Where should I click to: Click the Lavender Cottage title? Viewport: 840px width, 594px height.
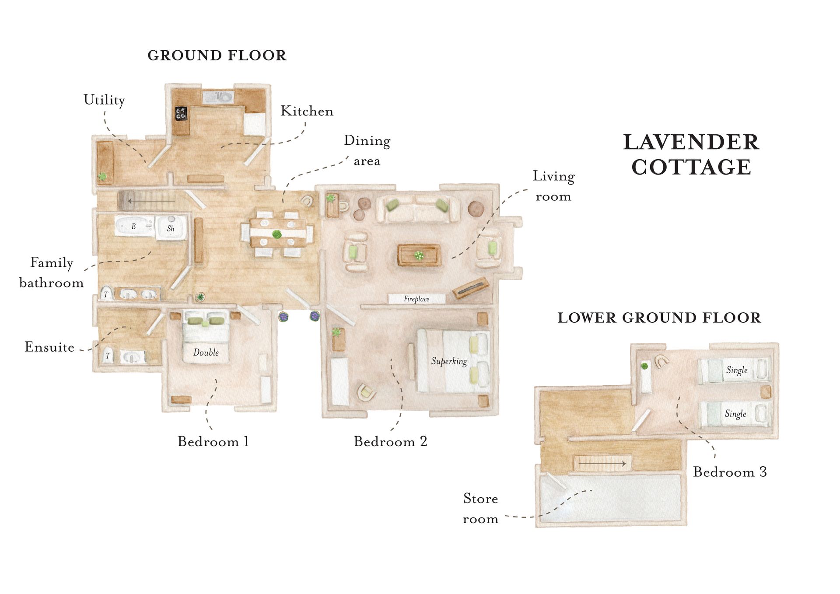(691, 155)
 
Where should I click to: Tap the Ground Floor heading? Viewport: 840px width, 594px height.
(217, 56)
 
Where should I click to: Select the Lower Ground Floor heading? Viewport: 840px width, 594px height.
(659, 318)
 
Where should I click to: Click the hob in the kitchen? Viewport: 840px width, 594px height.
(181, 113)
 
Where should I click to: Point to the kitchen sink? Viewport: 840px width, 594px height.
(218, 97)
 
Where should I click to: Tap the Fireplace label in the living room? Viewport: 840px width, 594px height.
(416, 299)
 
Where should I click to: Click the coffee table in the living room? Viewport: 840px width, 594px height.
(419, 255)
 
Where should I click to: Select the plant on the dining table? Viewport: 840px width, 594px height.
(276, 235)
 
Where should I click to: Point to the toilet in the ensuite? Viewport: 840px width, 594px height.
(108, 355)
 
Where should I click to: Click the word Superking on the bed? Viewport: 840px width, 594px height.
(449, 361)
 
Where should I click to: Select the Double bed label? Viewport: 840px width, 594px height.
(206, 353)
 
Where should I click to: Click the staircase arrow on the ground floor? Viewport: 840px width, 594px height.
(151, 201)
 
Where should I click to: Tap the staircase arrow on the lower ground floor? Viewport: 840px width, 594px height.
(602, 464)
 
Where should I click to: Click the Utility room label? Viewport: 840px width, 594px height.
(104, 100)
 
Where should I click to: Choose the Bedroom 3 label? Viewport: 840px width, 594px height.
(730, 472)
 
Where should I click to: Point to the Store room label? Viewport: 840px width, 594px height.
(480, 509)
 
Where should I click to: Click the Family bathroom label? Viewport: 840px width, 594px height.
(52, 273)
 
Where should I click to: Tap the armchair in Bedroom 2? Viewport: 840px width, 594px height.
(367, 392)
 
